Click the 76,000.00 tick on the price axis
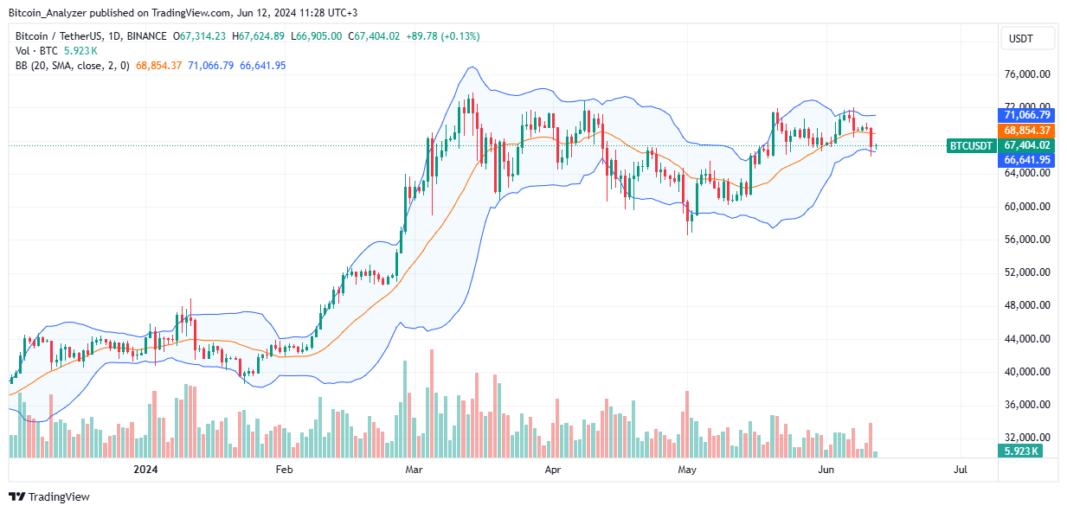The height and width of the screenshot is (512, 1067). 1027,74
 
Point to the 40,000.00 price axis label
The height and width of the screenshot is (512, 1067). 1027,372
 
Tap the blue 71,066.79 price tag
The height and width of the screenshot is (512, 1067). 1027,115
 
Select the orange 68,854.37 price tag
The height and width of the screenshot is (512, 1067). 1027,130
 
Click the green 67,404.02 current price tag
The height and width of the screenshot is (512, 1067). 1027,145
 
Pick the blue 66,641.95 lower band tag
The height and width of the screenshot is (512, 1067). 1027,160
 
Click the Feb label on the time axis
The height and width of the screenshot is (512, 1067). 284,470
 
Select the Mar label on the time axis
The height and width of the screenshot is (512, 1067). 414,470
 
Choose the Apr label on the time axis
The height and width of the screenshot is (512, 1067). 554,470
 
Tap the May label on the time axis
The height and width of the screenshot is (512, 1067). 687,470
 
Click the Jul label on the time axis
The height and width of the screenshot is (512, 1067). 960,470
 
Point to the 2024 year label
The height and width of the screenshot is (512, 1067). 145,470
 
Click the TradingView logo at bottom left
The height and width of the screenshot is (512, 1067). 49,496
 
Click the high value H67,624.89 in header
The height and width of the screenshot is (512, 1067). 258,36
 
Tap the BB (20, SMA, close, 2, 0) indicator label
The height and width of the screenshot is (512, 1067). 77,66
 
